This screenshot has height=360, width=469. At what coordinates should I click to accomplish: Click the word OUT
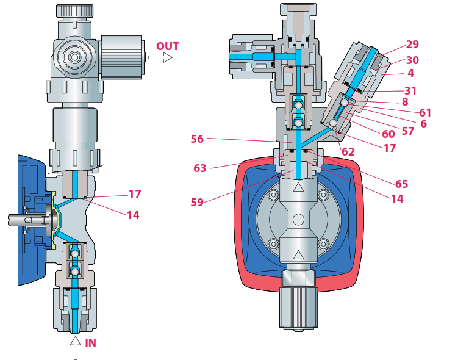pyautogui.click(x=168, y=46)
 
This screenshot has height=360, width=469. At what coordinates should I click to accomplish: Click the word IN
pyautogui.click(x=90, y=343)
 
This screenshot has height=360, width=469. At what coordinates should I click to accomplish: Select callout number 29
pyautogui.click(x=412, y=45)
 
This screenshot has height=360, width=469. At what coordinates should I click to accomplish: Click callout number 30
pyautogui.click(x=412, y=60)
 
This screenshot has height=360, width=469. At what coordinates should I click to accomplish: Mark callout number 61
pyautogui.click(x=425, y=112)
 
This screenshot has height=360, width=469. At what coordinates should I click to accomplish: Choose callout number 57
pyautogui.click(x=409, y=131)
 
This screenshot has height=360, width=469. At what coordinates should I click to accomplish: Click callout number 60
pyautogui.click(x=388, y=134)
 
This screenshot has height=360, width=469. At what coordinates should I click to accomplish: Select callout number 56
pyautogui.click(x=197, y=139)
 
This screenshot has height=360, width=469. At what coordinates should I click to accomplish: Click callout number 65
pyautogui.click(x=401, y=184)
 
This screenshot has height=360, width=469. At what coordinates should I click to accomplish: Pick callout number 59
pyautogui.click(x=197, y=202)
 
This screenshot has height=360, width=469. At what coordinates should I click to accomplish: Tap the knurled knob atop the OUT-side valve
pyautogui.click(x=75, y=10)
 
